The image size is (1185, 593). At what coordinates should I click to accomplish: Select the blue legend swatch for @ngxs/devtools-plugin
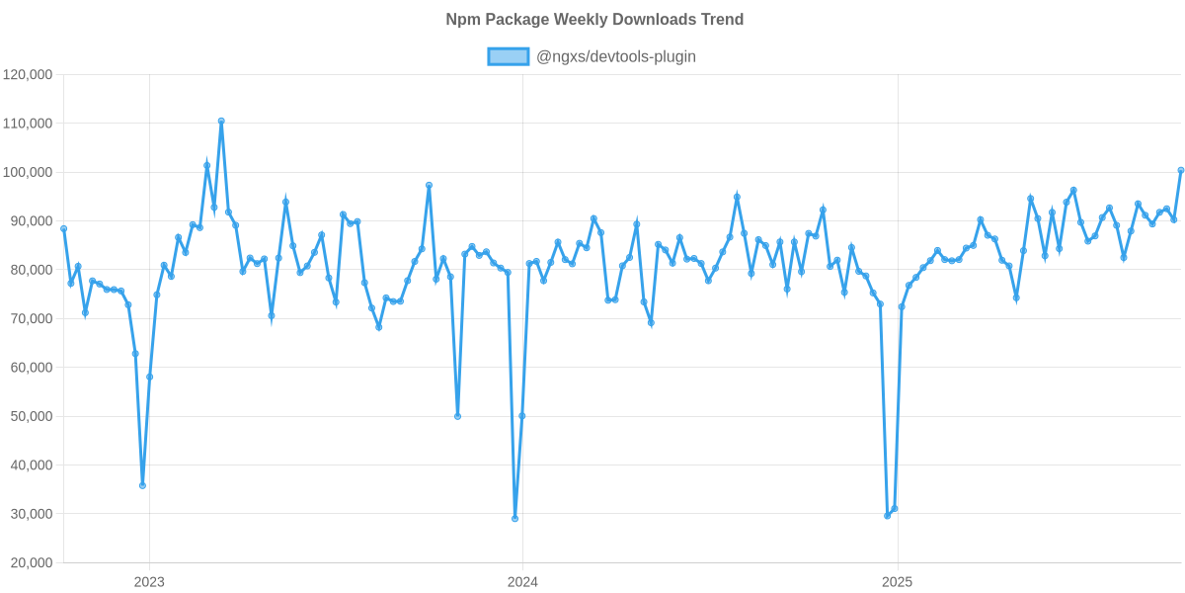[x=508, y=57]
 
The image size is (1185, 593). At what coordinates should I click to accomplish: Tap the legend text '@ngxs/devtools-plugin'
[x=615, y=57]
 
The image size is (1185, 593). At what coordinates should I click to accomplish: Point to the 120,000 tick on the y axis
[x=28, y=75]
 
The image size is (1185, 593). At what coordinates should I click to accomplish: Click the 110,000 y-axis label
[x=28, y=124]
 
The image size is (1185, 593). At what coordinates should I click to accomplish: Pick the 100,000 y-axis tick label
[x=28, y=173]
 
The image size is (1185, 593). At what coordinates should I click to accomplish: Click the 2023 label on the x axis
[x=149, y=582]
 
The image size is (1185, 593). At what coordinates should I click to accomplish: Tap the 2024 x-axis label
[x=522, y=582]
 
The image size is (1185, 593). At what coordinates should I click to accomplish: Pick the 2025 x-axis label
[x=897, y=582]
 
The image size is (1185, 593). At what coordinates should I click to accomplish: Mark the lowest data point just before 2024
[x=514, y=519]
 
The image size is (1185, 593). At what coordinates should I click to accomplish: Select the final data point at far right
[x=1181, y=169]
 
